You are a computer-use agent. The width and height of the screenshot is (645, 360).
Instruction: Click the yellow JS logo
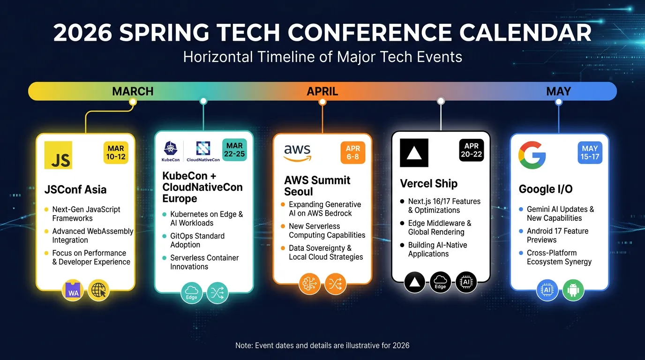[x=58, y=155]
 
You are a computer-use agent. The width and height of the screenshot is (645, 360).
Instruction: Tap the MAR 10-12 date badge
[x=116, y=153]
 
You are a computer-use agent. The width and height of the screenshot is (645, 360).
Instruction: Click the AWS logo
[x=297, y=153]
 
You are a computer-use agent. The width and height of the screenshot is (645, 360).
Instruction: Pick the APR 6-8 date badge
[x=353, y=153]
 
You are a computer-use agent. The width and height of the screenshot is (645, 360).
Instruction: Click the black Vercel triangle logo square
[x=414, y=153]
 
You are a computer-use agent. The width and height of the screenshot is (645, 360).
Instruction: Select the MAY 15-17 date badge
[x=590, y=153]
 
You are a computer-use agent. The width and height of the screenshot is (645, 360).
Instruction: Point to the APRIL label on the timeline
[x=322, y=91]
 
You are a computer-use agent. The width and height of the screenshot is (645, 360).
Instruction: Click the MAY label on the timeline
[x=558, y=91]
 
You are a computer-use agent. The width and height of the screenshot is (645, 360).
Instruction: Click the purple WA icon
[x=74, y=291]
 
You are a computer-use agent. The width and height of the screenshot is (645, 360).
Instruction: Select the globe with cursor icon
[x=99, y=290]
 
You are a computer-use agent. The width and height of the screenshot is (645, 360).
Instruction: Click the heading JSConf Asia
[x=75, y=190]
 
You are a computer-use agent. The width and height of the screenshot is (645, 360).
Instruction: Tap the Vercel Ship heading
[x=428, y=184]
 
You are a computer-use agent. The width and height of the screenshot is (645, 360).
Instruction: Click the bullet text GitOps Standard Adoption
[x=197, y=240]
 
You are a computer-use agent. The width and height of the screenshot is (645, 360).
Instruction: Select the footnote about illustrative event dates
[x=322, y=345]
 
